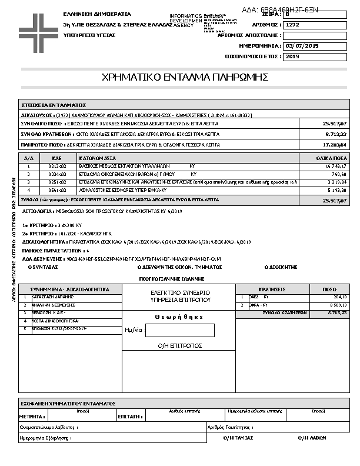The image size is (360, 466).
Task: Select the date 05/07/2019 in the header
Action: (302, 45)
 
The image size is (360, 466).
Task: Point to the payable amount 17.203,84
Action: (335, 144)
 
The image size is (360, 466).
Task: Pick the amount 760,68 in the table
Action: (339, 175)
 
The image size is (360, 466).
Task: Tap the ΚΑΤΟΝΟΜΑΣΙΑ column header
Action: (98, 158)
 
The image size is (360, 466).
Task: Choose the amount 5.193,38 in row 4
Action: (336, 191)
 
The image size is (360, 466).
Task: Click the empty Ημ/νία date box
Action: (179, 331)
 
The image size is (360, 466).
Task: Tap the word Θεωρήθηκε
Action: (179, 317)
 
